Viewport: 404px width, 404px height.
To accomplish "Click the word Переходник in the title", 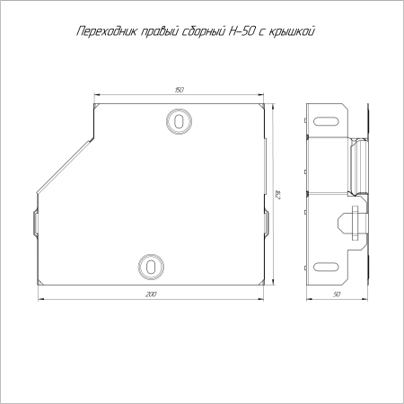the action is pos(107,32).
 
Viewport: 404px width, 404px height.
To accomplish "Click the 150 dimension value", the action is pos(179,90).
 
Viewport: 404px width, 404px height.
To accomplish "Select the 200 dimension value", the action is pos(151,294).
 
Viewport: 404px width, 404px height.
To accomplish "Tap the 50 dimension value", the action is pos(337,294).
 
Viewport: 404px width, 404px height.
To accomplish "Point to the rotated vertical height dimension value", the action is pos(277,195).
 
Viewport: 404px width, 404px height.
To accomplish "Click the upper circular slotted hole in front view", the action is pos(179,121).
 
